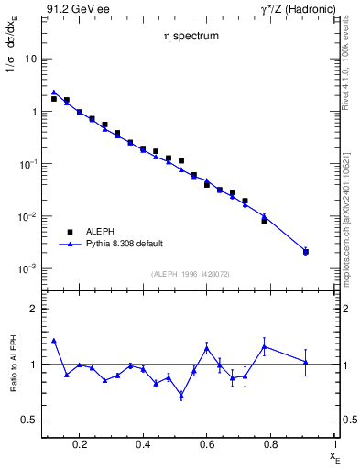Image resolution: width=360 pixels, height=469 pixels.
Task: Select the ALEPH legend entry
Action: pos(102,233)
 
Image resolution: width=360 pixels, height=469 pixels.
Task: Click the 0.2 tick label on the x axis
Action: pos(80,445)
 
